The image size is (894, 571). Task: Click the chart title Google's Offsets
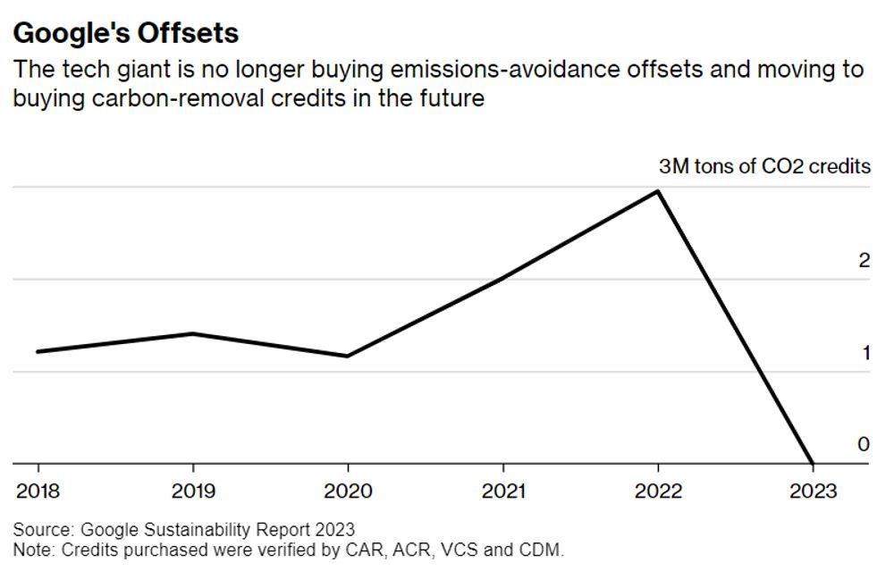126,33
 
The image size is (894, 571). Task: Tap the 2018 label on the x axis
38,491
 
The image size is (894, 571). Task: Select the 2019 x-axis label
193,491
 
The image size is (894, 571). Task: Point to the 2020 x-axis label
348,491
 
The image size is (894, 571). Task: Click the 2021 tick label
502,491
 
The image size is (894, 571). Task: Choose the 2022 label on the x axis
658,491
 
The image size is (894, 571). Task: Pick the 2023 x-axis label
813,491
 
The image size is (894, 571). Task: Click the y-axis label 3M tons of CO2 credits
764,168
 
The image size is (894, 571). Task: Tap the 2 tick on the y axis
864,261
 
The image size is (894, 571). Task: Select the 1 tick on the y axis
864,353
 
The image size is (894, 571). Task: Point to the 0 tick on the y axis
864,444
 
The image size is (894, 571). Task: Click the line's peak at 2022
658,191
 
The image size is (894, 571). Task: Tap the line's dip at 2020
348,356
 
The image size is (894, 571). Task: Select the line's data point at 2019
193,334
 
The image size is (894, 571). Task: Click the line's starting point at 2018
38,351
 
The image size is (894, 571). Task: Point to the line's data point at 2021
502,279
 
